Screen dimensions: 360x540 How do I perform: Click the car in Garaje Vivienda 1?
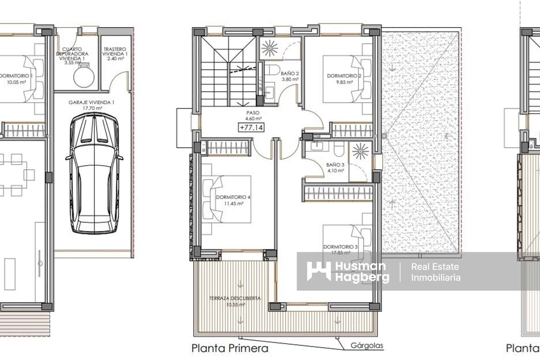[x=94, y=173]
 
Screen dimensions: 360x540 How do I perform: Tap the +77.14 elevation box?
[x=251, y=128]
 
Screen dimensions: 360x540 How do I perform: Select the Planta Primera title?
[x=230, y=348]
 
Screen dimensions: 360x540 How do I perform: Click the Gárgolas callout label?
[x=367, y=345]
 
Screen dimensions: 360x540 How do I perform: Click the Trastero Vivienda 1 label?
[x=115, y=54]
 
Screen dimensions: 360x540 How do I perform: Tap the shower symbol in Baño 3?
[x=360, y=151]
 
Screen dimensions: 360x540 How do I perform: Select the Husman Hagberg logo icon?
[x=319, y=271]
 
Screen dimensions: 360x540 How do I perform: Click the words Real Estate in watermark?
[x=435, y=267]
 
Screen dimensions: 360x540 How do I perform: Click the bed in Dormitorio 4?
[x=227, y=199]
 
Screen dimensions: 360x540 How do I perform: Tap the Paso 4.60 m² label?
[x=253, y=115]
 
